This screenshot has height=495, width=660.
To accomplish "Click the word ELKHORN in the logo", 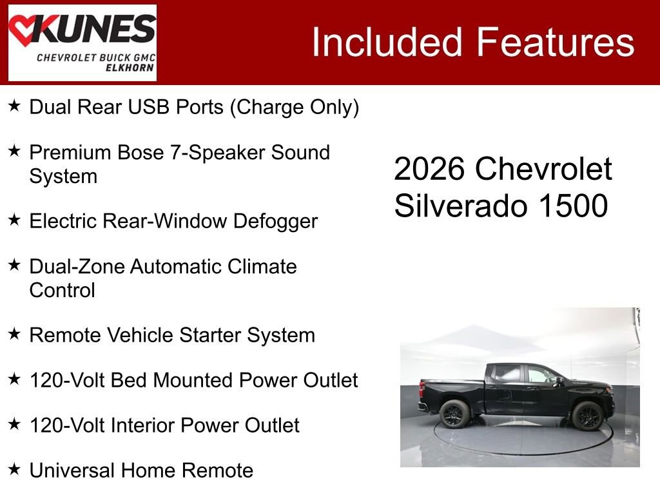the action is click(x=130, y=68).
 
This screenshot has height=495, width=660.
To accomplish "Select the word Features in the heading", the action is click(x=555, y=42).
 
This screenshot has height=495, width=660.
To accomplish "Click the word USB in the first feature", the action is click(x=149, y=106).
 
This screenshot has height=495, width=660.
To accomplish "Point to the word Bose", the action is click(x=141, y=152).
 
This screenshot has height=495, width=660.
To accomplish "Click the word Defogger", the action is click(x=275, y=222).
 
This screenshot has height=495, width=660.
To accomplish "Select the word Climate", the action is click(x=262, y=266).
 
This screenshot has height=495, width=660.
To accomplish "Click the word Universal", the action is click(x=72, y=470).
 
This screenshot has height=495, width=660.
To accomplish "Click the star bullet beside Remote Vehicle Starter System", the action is click(x=14, y=334).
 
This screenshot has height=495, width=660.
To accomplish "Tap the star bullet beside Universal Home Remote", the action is click(x=14, y=469).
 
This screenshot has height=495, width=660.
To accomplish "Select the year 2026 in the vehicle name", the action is click(x=429, y=169).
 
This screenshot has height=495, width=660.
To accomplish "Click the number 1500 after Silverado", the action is click(x=573, y=206).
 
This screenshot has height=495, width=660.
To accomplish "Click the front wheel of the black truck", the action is click(x=588, y=415).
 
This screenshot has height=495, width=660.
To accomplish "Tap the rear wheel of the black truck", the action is click(x=454, y=413).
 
